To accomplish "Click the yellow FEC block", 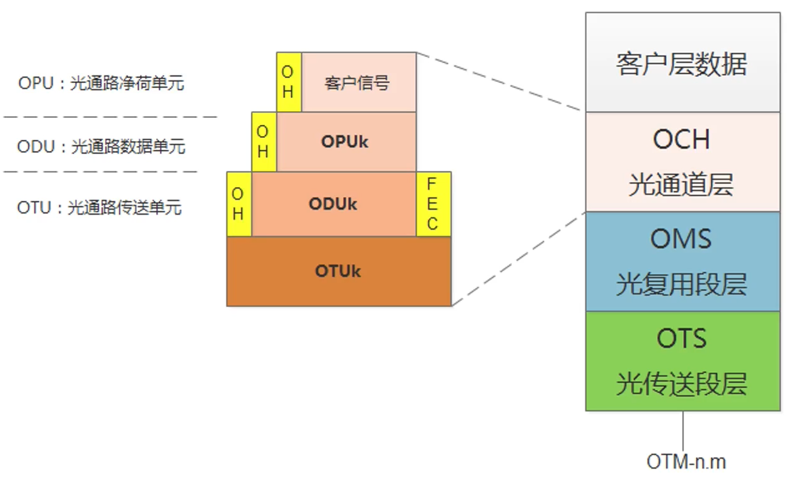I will tap(433, 204).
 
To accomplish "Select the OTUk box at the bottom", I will tap(339, 271).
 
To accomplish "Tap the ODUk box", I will tap(334, 204).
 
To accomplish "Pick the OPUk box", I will tap(345, 142).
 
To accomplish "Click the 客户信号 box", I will tap(358, 82).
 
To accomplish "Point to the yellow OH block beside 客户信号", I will tap(288, 82).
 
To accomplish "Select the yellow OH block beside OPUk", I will tap(264, 142).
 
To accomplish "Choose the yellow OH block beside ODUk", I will tap(239, 204).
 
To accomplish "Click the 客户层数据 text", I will tap(682, 64).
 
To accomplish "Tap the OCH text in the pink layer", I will tap(682, 139).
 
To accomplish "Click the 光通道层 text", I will tap(682, 185).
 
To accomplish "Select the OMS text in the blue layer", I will tap(682, 239).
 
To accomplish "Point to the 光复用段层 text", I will tap(682, 285).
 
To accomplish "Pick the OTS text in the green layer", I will tap(682, 339).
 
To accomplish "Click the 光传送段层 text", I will tap(682, 384).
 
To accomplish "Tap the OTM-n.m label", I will tap(686, 462).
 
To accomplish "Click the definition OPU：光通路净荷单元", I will tap(101, 83).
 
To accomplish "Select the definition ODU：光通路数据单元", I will tap(101, 147).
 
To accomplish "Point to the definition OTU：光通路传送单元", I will tap(99, 207).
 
